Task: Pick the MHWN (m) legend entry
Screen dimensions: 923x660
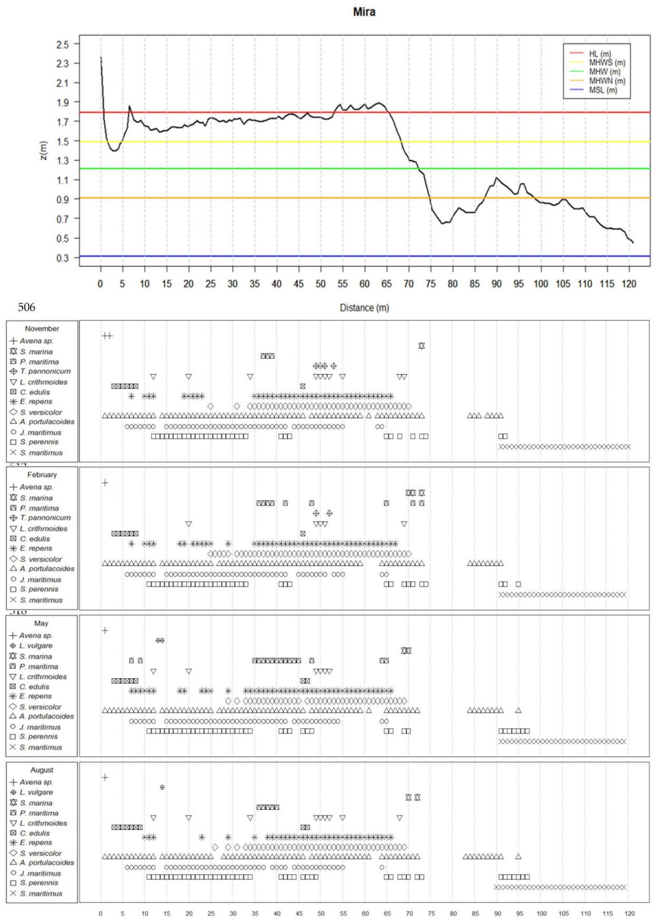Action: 607,81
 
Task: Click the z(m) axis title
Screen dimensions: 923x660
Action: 44,150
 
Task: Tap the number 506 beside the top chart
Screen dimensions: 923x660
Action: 26,307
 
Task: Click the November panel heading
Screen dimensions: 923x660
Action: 42,328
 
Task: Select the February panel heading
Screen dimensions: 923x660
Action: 42,475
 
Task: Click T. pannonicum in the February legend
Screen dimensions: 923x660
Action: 45,518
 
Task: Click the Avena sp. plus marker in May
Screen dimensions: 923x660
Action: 105,630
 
